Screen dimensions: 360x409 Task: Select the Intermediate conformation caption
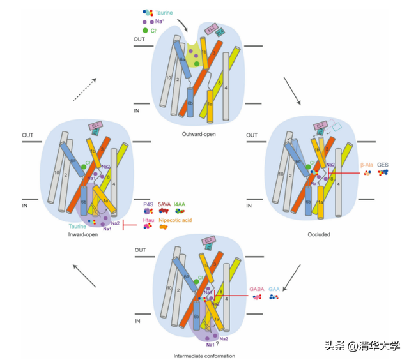coord(204,356)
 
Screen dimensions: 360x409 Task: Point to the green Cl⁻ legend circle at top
coord(146,31)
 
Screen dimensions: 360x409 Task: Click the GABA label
coord(258,289)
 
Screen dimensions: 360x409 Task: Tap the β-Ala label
coord(366,165)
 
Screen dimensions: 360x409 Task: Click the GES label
coord(383,165)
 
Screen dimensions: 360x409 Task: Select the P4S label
coord(148,205)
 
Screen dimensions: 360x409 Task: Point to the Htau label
coord(148,220)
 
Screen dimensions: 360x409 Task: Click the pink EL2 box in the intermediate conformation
coord(208,241)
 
